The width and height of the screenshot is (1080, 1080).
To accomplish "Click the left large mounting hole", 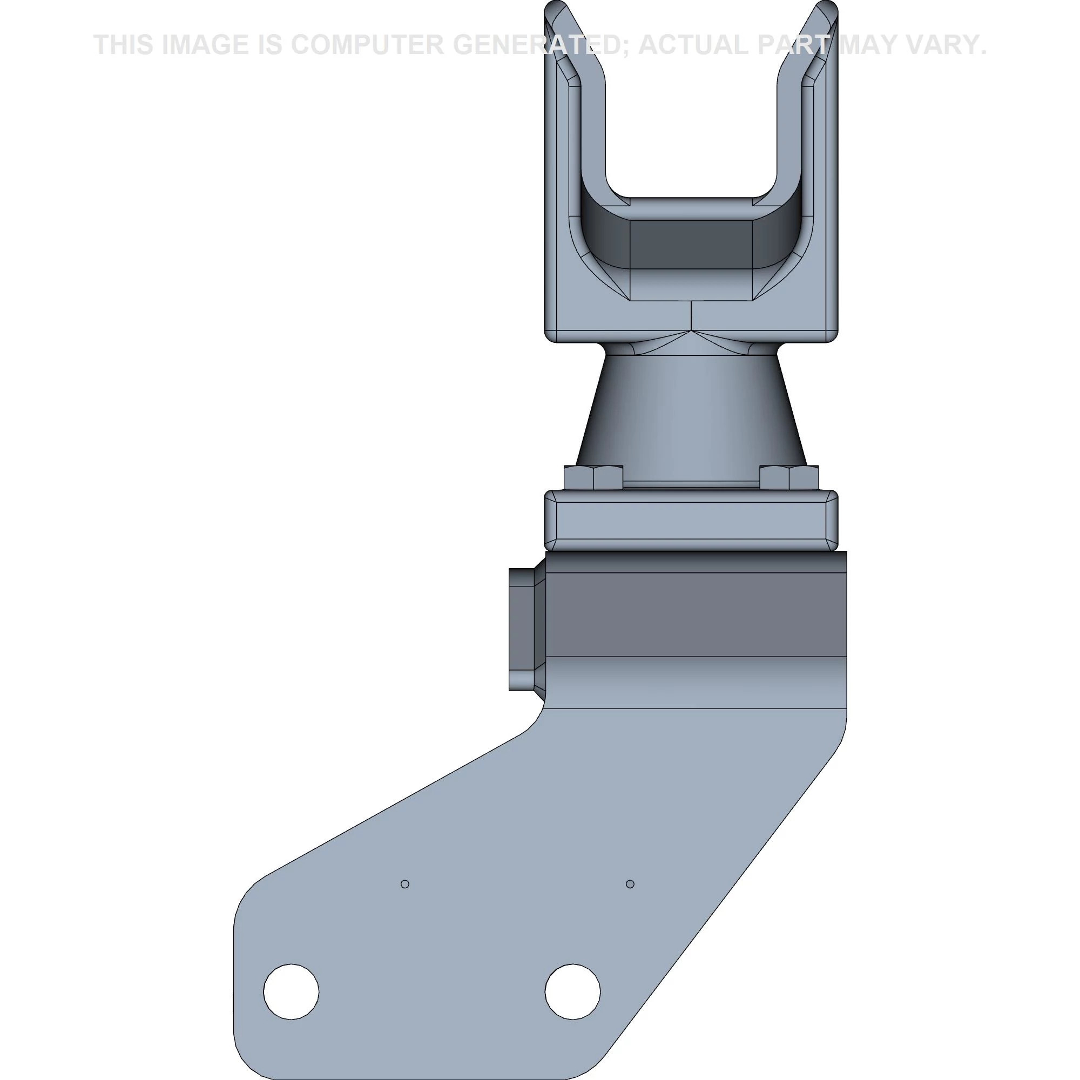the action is pyautogui.click(x=291, y=991).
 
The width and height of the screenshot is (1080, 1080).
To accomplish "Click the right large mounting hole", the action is pyautogui.click(x=572, y=991).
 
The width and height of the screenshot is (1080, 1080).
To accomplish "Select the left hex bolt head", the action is pyautogui.click(x=593, y=477).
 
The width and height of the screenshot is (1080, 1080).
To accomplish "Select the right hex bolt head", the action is pyautogui.click(x=789, y=477).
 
